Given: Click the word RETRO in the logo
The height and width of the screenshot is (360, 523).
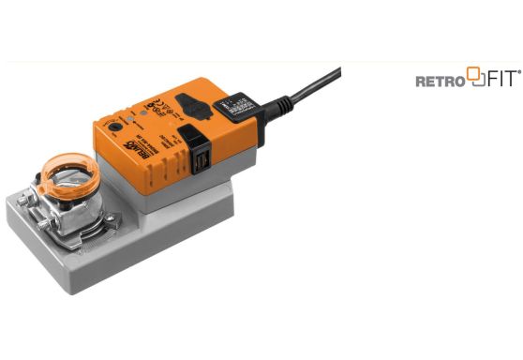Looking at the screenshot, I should [440, 82].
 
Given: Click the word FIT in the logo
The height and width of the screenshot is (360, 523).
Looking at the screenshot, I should [494, 81].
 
